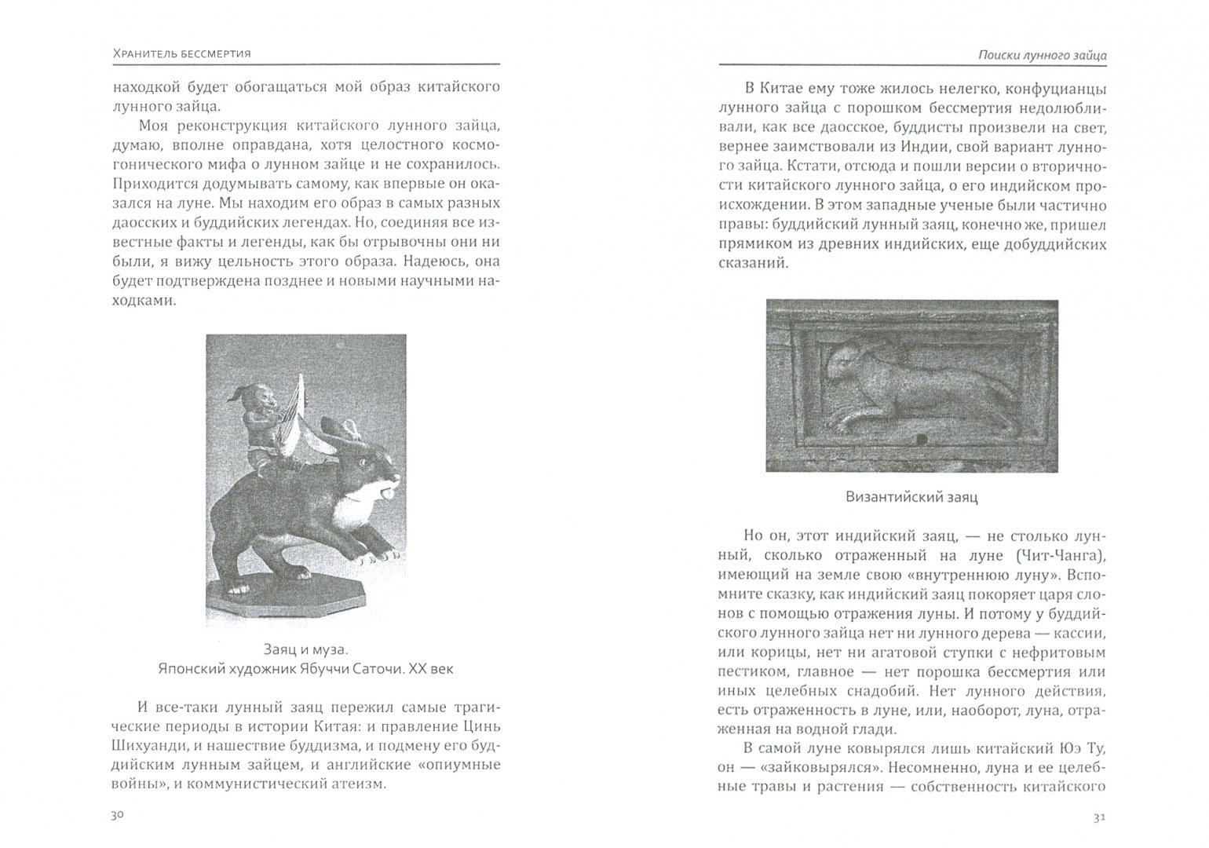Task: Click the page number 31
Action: click(1099, 817)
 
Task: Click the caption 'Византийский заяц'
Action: click(911, 497)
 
